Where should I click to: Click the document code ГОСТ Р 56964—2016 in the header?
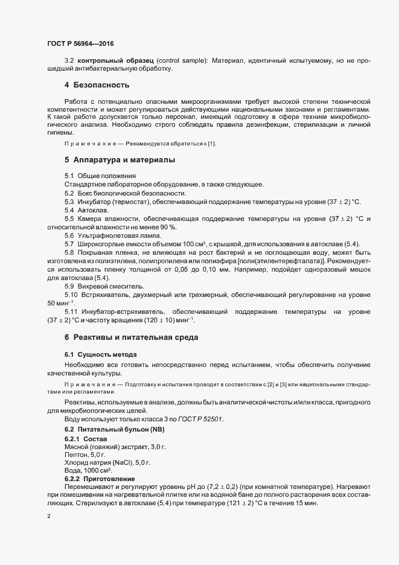(x=80, y=43)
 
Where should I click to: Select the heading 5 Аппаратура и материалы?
(x=120, y=161)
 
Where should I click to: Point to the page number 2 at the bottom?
(x=48, y=517)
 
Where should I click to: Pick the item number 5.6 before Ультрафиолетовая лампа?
(x=69, y=234)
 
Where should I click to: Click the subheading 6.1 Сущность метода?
(x=100, y=354)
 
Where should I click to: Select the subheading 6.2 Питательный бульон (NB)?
(x=114, y=429)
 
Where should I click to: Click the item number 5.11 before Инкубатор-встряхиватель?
(x=71, y=311)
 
